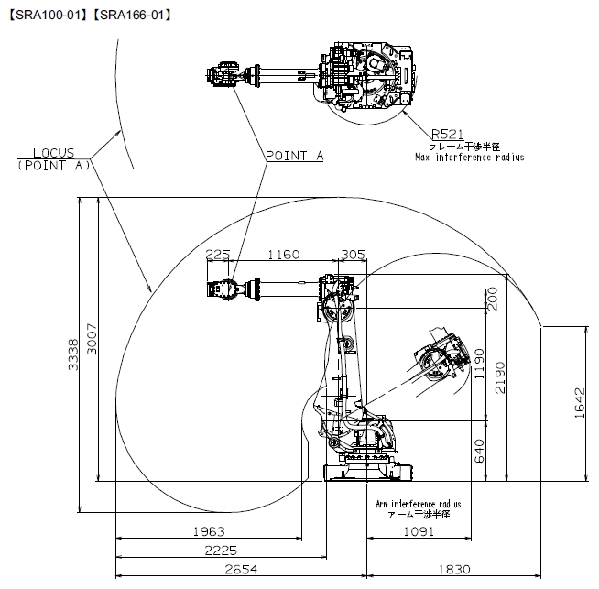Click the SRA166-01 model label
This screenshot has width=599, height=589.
[x=132, y=16]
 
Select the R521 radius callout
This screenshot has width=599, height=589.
[x=447, y=135]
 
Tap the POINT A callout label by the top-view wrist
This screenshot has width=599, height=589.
[x=295, y=156]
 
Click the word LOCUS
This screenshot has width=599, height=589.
[x=53, y=153]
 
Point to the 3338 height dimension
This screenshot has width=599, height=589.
[x=73, y=354]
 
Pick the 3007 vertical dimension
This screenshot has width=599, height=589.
[x=93, y=339]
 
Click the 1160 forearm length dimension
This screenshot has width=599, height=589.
[x=283, y=255]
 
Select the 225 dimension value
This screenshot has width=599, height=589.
[x=218, y=255]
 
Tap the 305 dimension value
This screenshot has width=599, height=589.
[x=353, y=255]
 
